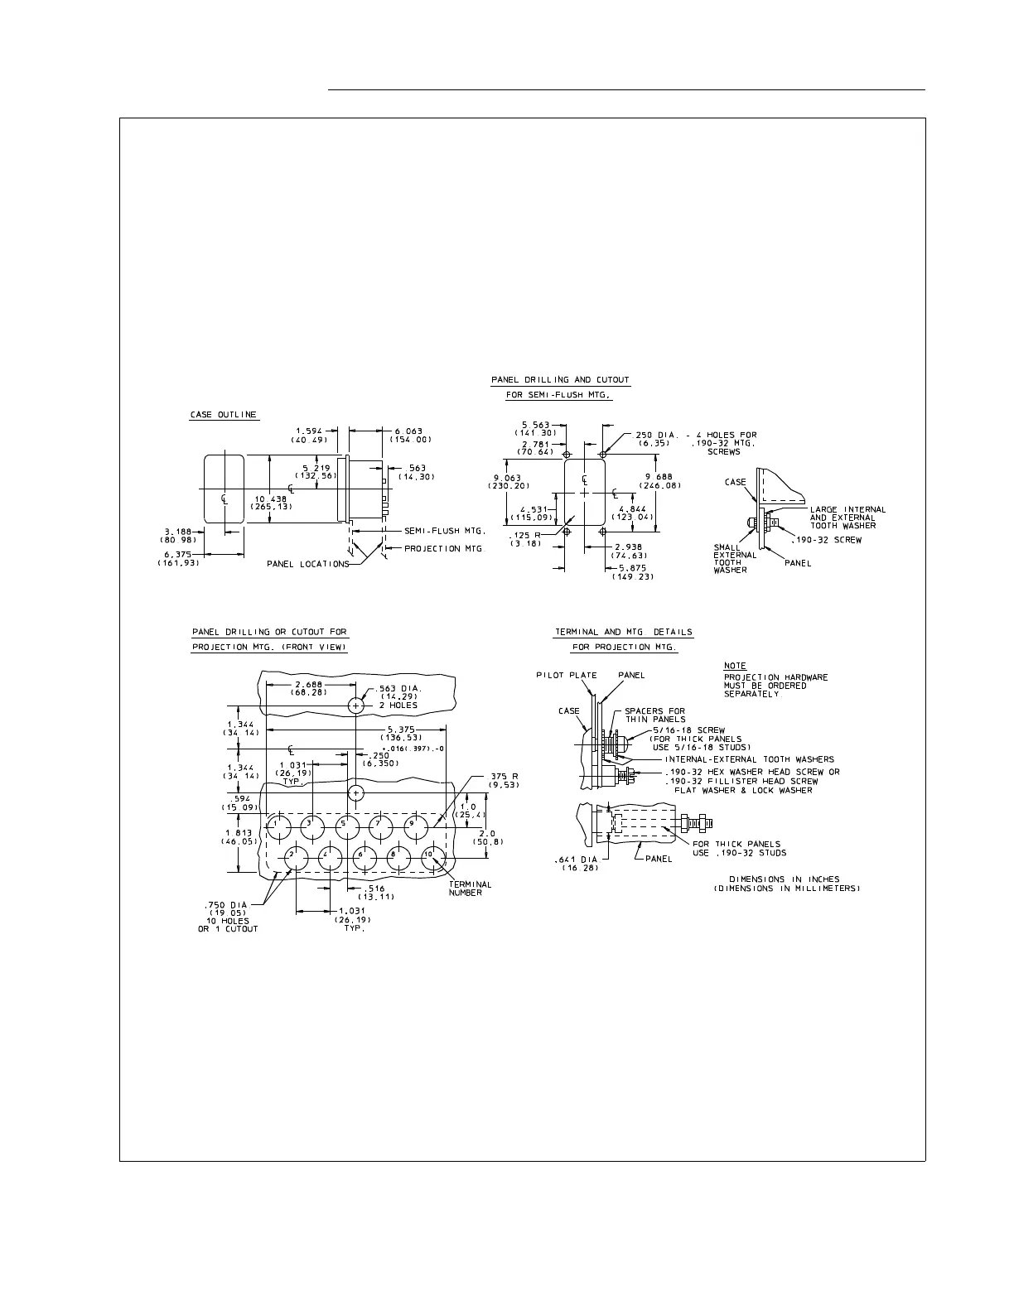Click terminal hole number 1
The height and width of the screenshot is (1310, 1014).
tap(278, 825)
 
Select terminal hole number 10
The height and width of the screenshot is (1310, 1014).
tap(431, 858)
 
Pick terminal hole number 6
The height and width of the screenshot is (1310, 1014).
tap(362, 859)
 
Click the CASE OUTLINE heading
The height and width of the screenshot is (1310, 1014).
tap(224, 415)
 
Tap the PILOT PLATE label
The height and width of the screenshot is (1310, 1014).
tap(566, 675)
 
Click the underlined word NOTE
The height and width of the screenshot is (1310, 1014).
tap(734, 666)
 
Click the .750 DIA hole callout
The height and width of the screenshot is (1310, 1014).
tap(228, 905)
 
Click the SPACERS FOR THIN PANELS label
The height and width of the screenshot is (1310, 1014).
tap(654, 715)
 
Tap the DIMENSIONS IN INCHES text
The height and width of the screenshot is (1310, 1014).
tap(784, 879)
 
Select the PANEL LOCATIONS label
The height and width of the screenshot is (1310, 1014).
tap(307, 564)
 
